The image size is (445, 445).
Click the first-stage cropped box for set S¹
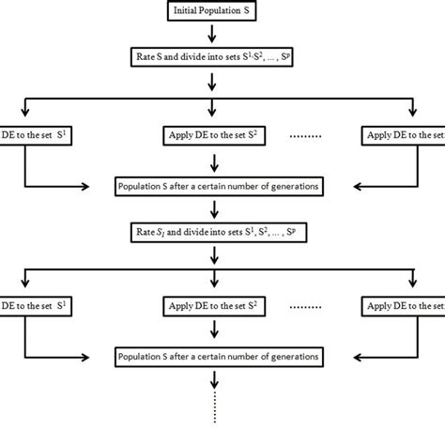19,136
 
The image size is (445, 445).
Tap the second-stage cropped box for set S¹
19,307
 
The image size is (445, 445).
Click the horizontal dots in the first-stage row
304,137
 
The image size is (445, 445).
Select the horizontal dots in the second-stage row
304,308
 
